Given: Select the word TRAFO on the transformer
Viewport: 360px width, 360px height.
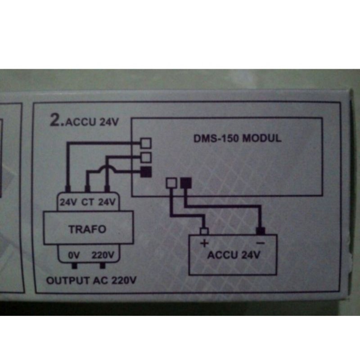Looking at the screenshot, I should (87, 229).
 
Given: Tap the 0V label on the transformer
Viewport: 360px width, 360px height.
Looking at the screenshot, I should (74, 255).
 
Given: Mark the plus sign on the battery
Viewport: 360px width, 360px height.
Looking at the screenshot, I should (203, 244).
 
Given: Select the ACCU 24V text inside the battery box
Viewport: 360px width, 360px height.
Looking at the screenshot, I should (234, 256).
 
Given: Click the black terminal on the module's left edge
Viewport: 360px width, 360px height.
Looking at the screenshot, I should (146, 171).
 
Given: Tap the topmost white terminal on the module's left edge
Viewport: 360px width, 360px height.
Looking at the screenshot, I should (146, 143).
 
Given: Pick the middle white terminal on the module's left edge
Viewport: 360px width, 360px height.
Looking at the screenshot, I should (146, 157).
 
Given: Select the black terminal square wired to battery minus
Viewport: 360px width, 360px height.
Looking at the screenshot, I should (185, 183).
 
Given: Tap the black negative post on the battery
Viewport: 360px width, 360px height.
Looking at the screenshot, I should (260, 231).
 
